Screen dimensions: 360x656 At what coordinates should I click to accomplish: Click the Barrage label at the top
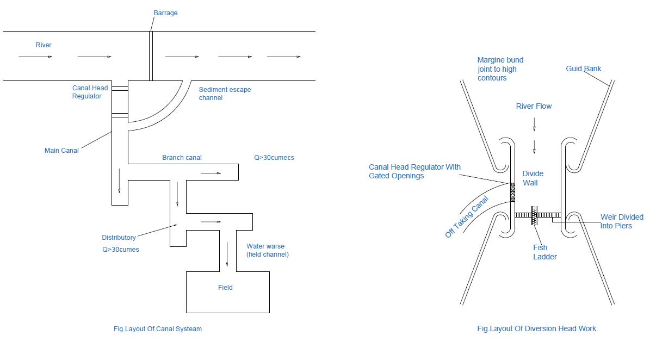click(x=165, y=13)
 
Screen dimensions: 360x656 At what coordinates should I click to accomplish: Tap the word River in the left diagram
click(x=44, y=45)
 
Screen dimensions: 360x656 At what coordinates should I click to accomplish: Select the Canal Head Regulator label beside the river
click(x=90, y=92)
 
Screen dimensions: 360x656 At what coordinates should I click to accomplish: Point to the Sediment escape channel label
click(x=225, y=94)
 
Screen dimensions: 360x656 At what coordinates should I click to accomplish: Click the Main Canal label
click(x=61, y=151)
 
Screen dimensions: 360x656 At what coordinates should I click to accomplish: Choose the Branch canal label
click(x=182, y=158)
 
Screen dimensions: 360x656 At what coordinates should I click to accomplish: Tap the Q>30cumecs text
click(x=274, y=158)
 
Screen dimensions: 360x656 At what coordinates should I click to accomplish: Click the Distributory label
click(x=119, y=238)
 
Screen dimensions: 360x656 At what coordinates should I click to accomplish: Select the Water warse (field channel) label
click(x=267, y=250)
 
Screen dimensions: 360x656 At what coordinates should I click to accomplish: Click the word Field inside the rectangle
click(x=225, y=287)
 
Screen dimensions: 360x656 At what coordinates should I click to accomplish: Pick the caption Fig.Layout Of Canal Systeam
click(x=157, y=328)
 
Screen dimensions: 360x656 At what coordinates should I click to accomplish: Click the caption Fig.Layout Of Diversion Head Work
click(x=536, y=328)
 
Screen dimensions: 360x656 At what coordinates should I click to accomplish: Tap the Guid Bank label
click(x=584, y=69)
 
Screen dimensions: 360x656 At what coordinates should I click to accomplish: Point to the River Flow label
click(x=534, y=106)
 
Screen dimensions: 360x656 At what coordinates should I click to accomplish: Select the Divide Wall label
click(x=533, y=178)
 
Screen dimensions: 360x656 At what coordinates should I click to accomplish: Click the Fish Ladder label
click(x=544, y=252)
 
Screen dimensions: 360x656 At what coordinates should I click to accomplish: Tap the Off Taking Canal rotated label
click(x=467, y=217)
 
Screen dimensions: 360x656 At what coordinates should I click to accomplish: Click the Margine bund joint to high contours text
click(x=500, y=69)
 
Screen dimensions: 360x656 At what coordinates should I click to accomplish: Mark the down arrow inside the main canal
click(x=119, y=181)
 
